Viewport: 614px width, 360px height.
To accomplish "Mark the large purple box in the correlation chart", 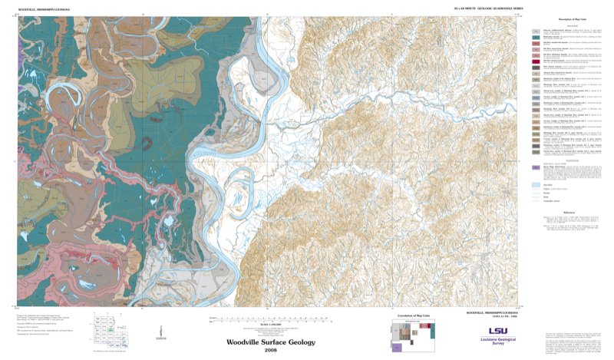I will pyautogui.click(x=397, y=348).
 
